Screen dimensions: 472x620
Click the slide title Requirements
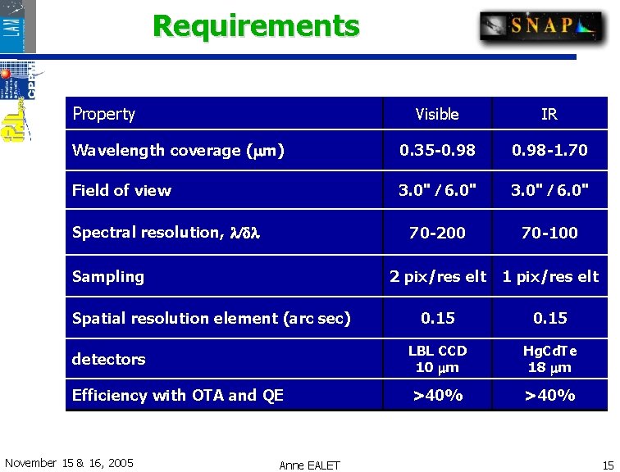click(256, 26)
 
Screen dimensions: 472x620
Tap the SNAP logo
click(540, 25)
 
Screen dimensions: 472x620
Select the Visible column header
click(437, 114)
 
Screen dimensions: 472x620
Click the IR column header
click(549, 114)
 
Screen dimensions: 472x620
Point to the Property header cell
click(104, 114)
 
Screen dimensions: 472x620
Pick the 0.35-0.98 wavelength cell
click(437, 151)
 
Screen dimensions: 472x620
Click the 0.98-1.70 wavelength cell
click(549, 151)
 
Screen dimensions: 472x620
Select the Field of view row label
click(122, 191)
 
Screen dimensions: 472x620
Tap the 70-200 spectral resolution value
click(437, 233)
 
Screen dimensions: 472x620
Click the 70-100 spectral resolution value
click(549, 233)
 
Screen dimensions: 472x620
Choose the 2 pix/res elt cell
click(437, 277)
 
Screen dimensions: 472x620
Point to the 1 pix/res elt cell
click(550, 277)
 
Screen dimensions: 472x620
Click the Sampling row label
click(108, 277)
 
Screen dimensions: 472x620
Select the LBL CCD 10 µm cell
click(437, 359)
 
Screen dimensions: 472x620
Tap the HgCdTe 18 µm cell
click(549, 359)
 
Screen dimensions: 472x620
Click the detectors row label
click(109, 359)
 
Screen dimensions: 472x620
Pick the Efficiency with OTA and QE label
click(178, 396)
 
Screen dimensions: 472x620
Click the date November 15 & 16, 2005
click(69, 463)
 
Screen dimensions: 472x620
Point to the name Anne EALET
click(309, 465)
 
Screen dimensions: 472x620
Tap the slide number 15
click(608, 465)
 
